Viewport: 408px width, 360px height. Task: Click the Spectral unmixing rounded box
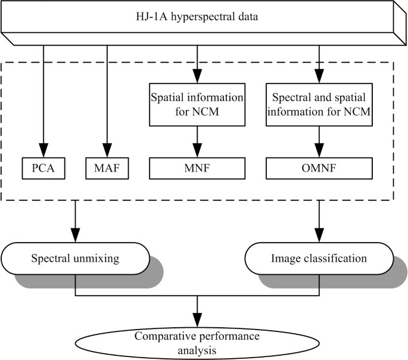click(x=74, y=259)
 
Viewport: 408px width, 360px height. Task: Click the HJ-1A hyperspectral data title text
click(x=197, y=17)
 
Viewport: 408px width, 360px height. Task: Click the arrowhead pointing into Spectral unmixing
click(x=74, y=237)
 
